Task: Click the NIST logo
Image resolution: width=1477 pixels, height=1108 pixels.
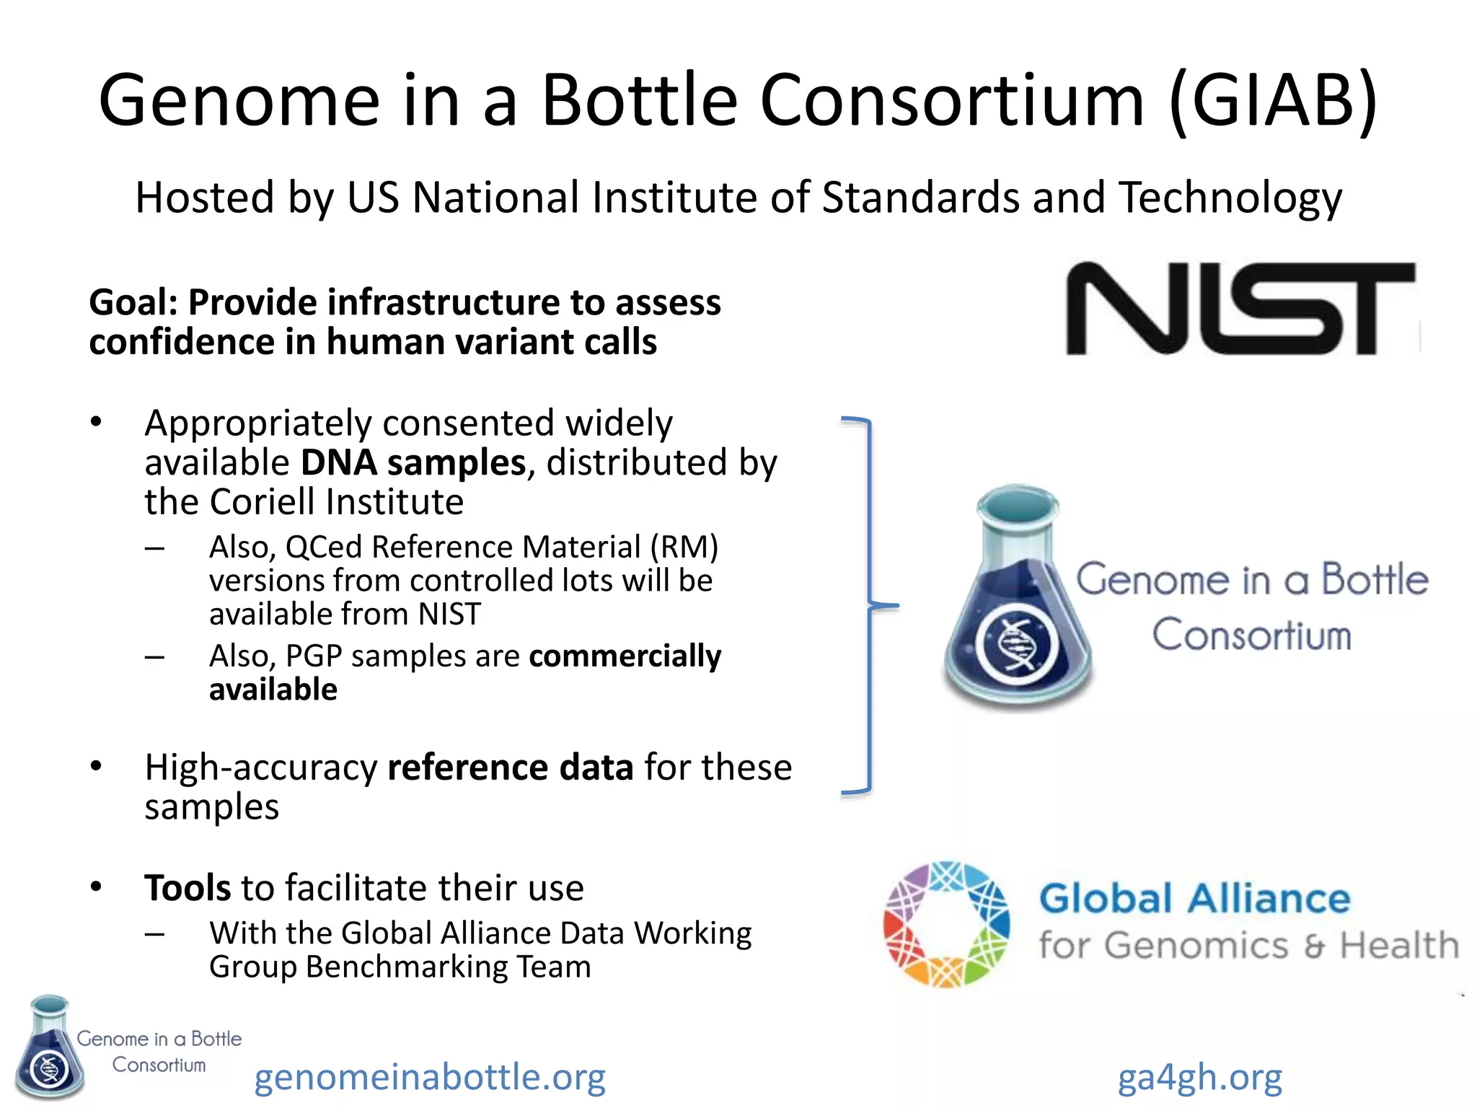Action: point(1240,309)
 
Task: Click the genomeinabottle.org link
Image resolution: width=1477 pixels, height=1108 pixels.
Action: point(430,1077)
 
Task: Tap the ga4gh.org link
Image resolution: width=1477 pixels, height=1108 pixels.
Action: point(1200,1077)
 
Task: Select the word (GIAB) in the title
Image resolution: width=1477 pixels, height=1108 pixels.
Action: point(1273,101)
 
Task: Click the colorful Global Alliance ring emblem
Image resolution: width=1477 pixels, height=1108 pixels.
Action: point(945,924)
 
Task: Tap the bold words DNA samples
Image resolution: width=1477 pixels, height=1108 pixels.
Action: point(413,462)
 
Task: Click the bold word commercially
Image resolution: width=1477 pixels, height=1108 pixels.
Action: point(625,656)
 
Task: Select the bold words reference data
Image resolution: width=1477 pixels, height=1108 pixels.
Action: point(510,768)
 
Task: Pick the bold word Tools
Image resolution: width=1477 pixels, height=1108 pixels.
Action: point(188,888)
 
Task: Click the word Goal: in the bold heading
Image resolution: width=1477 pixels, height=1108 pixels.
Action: point(133,302)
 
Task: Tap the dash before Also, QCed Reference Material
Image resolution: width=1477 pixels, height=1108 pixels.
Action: point(154,548)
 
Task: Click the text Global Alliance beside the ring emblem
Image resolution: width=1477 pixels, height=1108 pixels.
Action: point(1194,899)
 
